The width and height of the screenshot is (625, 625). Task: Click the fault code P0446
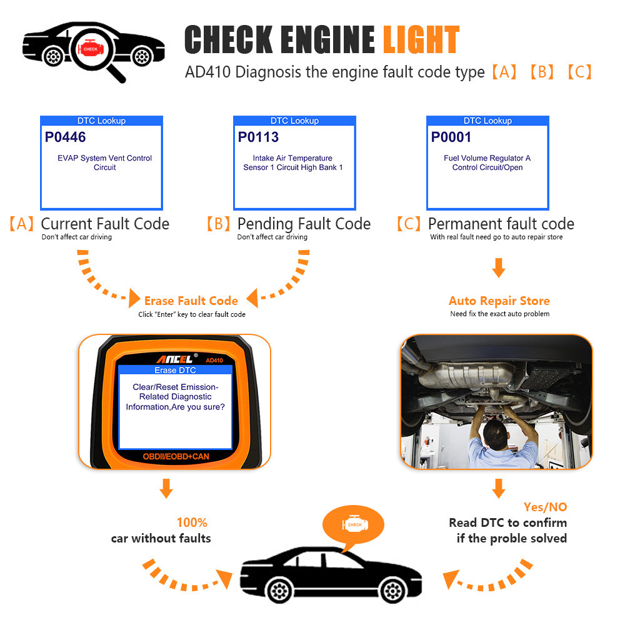pyautogui.click(x=65, y=137)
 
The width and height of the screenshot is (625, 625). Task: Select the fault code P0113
pyautogui.click(x=258, y=137)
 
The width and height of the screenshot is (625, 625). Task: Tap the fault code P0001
pyautogui.click(x=451, y=137)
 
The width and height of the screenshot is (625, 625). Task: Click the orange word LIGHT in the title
pyautogui.click(x=420, y=40)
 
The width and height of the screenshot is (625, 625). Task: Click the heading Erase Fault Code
pyautogui.click(x=191, y=301)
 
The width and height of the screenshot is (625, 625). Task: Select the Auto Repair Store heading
pyautogui.click(x=499, y=301)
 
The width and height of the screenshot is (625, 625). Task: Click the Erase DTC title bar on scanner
pyautogui.click(x=175, y=371)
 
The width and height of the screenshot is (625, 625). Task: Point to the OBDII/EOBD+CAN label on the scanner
pyautogui.click(x=175, y=457)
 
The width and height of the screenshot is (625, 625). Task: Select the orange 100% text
pyautogui.click(x=192, y=522)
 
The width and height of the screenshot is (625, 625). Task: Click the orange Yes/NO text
pyautogui.click(x=546, y=507)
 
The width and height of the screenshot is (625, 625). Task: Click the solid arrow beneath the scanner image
pyautogui.click(x=166, y=488)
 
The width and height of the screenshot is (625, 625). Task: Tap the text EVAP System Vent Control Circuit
pyautogui.click(x=104, y=162)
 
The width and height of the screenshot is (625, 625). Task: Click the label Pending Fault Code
pyautogui.click(x=304, y=224)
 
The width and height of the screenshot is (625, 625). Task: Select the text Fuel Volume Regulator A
pyautogui.click(x=487, y=158)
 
